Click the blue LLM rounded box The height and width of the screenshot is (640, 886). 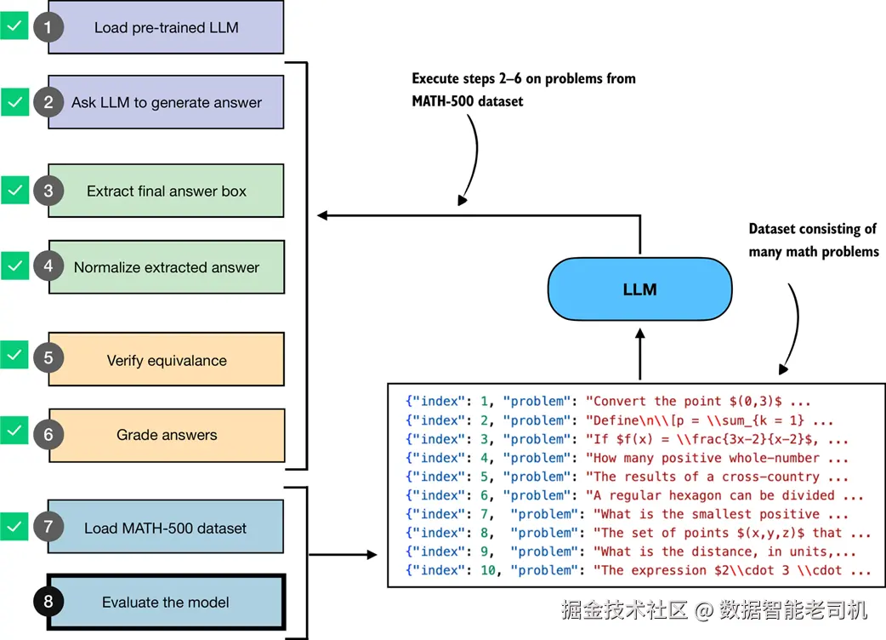(639, 289)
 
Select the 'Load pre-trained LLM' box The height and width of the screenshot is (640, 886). (166, 27)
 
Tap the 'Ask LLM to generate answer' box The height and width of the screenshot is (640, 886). (166, 102)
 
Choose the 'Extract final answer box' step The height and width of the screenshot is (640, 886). (166, 191)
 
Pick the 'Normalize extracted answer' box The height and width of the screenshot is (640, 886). (166, 267)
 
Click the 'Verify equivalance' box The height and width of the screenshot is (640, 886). (166, 360)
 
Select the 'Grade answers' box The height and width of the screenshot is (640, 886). (166, 435)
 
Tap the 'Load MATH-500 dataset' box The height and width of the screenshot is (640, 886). (166, 528)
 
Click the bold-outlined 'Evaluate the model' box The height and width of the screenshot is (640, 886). (166, 602)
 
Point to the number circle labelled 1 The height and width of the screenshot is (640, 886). (48, 27)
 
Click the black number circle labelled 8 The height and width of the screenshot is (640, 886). (48, 602)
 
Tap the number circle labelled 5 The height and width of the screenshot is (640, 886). (48, 358)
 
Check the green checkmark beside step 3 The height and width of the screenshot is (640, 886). (14, 190)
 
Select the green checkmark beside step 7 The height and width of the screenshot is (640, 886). (14, 526)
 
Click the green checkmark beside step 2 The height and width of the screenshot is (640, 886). (14, 102)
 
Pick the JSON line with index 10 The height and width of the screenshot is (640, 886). (638, 570)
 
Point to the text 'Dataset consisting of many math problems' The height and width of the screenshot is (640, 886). (813, 240)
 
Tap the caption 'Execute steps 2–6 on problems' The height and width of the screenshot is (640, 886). (523, 78)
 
